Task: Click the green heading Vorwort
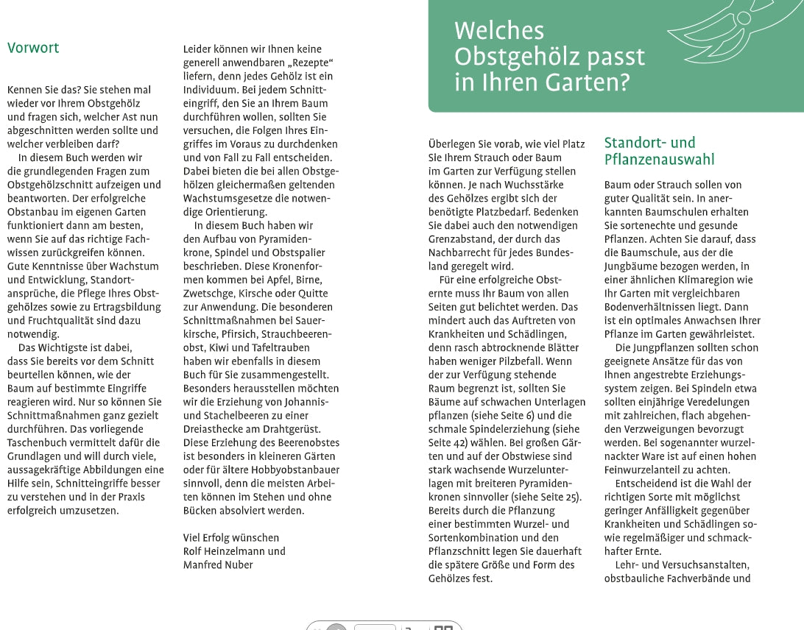coord(33,49)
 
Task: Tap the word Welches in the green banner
coord(498,31)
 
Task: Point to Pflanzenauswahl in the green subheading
coord(659,159)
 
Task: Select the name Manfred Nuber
coord(218,565)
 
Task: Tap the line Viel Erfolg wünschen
coord(231,537)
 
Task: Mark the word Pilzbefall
coord(518,361)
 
